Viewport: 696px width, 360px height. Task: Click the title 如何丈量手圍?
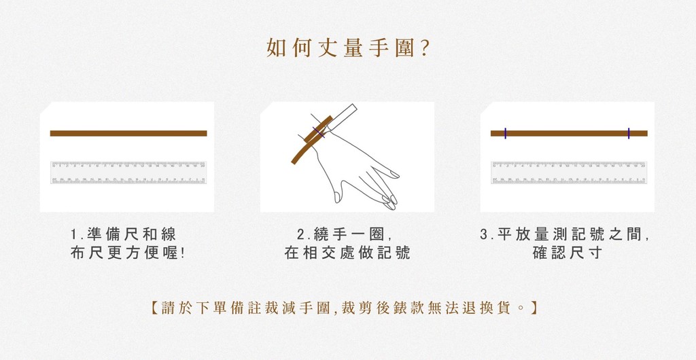(x=347, y=48)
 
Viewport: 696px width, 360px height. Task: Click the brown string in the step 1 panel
(x=128, y=133)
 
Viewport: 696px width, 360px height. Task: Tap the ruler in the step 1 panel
(x=128, y=173)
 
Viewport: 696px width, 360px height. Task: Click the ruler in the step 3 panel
(x=569, y=173)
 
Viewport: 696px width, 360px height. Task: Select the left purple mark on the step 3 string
(x=505, y=133)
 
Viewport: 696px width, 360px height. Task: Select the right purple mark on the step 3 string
(x=629, y=133)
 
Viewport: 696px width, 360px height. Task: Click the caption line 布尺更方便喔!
(x=127, y=253)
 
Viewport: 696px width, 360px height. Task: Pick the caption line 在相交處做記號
(x=347, y=253)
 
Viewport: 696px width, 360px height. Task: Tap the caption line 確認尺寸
(x=568, y=253)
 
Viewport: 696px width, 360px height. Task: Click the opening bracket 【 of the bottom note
(x=155, y=308)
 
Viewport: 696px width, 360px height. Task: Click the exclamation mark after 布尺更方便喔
(x=182, y=253)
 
